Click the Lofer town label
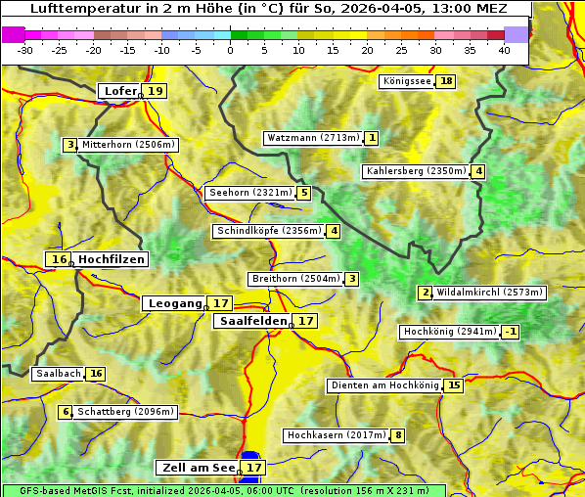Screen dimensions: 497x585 119,91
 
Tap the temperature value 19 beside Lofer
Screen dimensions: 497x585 156,91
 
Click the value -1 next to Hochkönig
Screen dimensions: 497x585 511,332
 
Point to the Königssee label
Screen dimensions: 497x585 406,81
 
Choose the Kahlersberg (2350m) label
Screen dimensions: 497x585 416,171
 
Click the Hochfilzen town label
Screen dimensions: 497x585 112,259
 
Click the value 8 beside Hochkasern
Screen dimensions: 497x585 398,435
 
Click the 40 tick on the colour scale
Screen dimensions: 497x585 503,49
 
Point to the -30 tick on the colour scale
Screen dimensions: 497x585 24,49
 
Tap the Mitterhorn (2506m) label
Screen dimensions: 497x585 128,145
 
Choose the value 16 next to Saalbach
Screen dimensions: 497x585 95,374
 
